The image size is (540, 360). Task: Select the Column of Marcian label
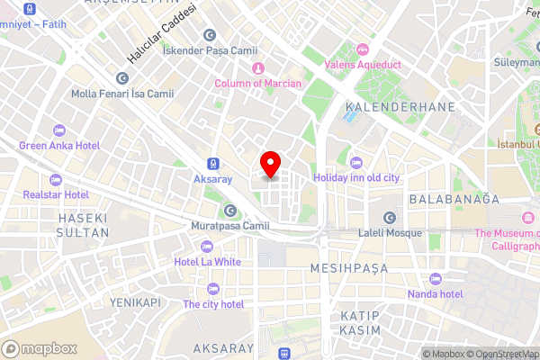[x=260, y=84]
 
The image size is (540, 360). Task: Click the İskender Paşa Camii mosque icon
[x=210, y=35]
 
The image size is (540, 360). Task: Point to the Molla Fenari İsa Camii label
[x=122, y=93]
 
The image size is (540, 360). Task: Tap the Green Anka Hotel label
[x=58, y=145]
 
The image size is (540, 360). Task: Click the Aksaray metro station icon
[x=213, y=165]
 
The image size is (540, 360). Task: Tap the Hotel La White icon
[x=207, y=247]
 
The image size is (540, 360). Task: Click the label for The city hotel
[x=213, y=304]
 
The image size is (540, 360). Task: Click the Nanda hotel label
[x=434, y=293]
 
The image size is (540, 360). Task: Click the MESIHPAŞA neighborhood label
[x=348, y=268]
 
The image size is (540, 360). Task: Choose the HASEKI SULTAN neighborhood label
[x=83, y=225]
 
